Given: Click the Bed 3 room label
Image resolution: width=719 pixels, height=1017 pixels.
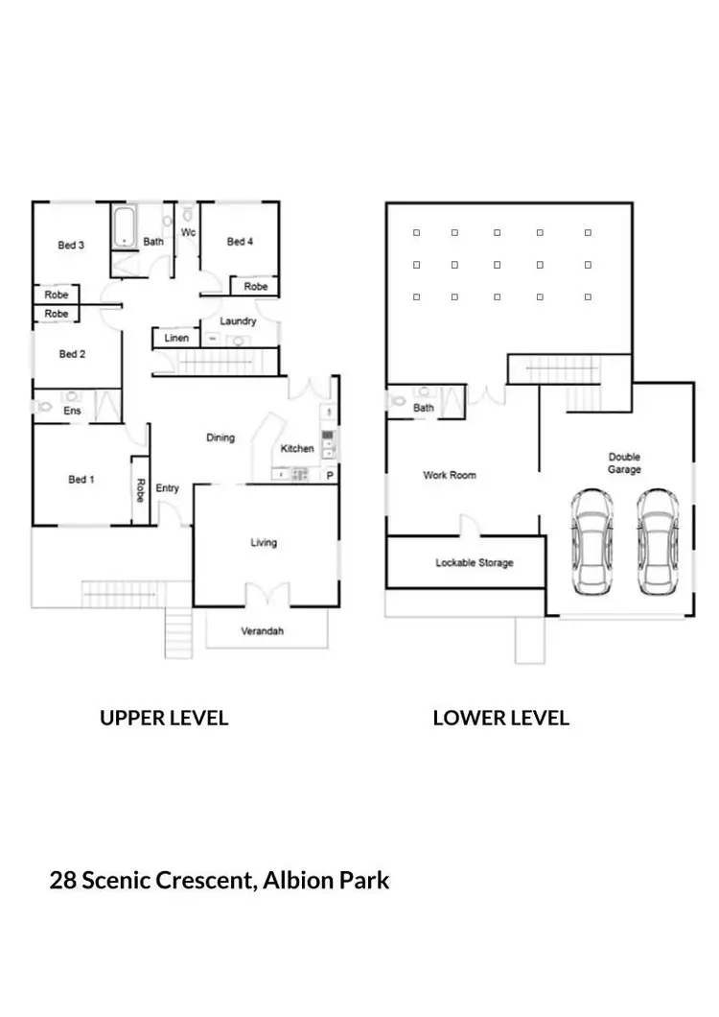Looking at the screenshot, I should tap(71, 246).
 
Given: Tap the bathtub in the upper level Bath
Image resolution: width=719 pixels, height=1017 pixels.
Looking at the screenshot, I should tap(125, 228).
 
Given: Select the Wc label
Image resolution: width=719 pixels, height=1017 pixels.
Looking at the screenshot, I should tap(188, 233).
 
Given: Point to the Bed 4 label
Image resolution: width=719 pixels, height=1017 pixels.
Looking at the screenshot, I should tap(240, 242).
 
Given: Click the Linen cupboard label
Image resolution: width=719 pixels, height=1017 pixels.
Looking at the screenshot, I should tap(176, 339).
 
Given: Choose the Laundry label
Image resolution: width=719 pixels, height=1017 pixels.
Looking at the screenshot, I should tap(238, 321).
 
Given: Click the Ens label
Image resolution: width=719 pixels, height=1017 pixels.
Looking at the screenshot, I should tap(72, 411).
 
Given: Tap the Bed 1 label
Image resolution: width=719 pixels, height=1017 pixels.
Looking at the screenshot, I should tap(81, 480).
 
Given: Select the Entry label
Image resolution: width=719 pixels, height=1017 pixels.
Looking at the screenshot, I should tap(167, 488).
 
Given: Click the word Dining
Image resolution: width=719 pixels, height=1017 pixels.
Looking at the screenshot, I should tap(220, 438).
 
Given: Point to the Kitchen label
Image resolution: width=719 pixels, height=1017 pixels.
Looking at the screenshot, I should tap(296, 449).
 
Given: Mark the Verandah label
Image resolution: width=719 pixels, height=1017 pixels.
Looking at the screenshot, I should tap(262, 631).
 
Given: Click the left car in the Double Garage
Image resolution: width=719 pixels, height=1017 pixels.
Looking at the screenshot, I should tap(591, 542).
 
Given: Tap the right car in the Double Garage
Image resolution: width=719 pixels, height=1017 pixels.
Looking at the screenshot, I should tap(657, 542).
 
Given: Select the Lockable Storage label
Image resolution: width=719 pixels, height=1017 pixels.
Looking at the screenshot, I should tap(474, 563).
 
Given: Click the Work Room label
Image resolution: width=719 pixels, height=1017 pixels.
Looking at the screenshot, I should tap(449, 475).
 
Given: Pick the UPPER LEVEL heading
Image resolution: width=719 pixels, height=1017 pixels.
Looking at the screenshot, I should tap(164, 719).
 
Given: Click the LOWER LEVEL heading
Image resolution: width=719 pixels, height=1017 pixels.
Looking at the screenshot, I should tap(500, 719).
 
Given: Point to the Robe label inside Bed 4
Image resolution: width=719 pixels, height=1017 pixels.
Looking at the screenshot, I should tap(255, 287).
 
